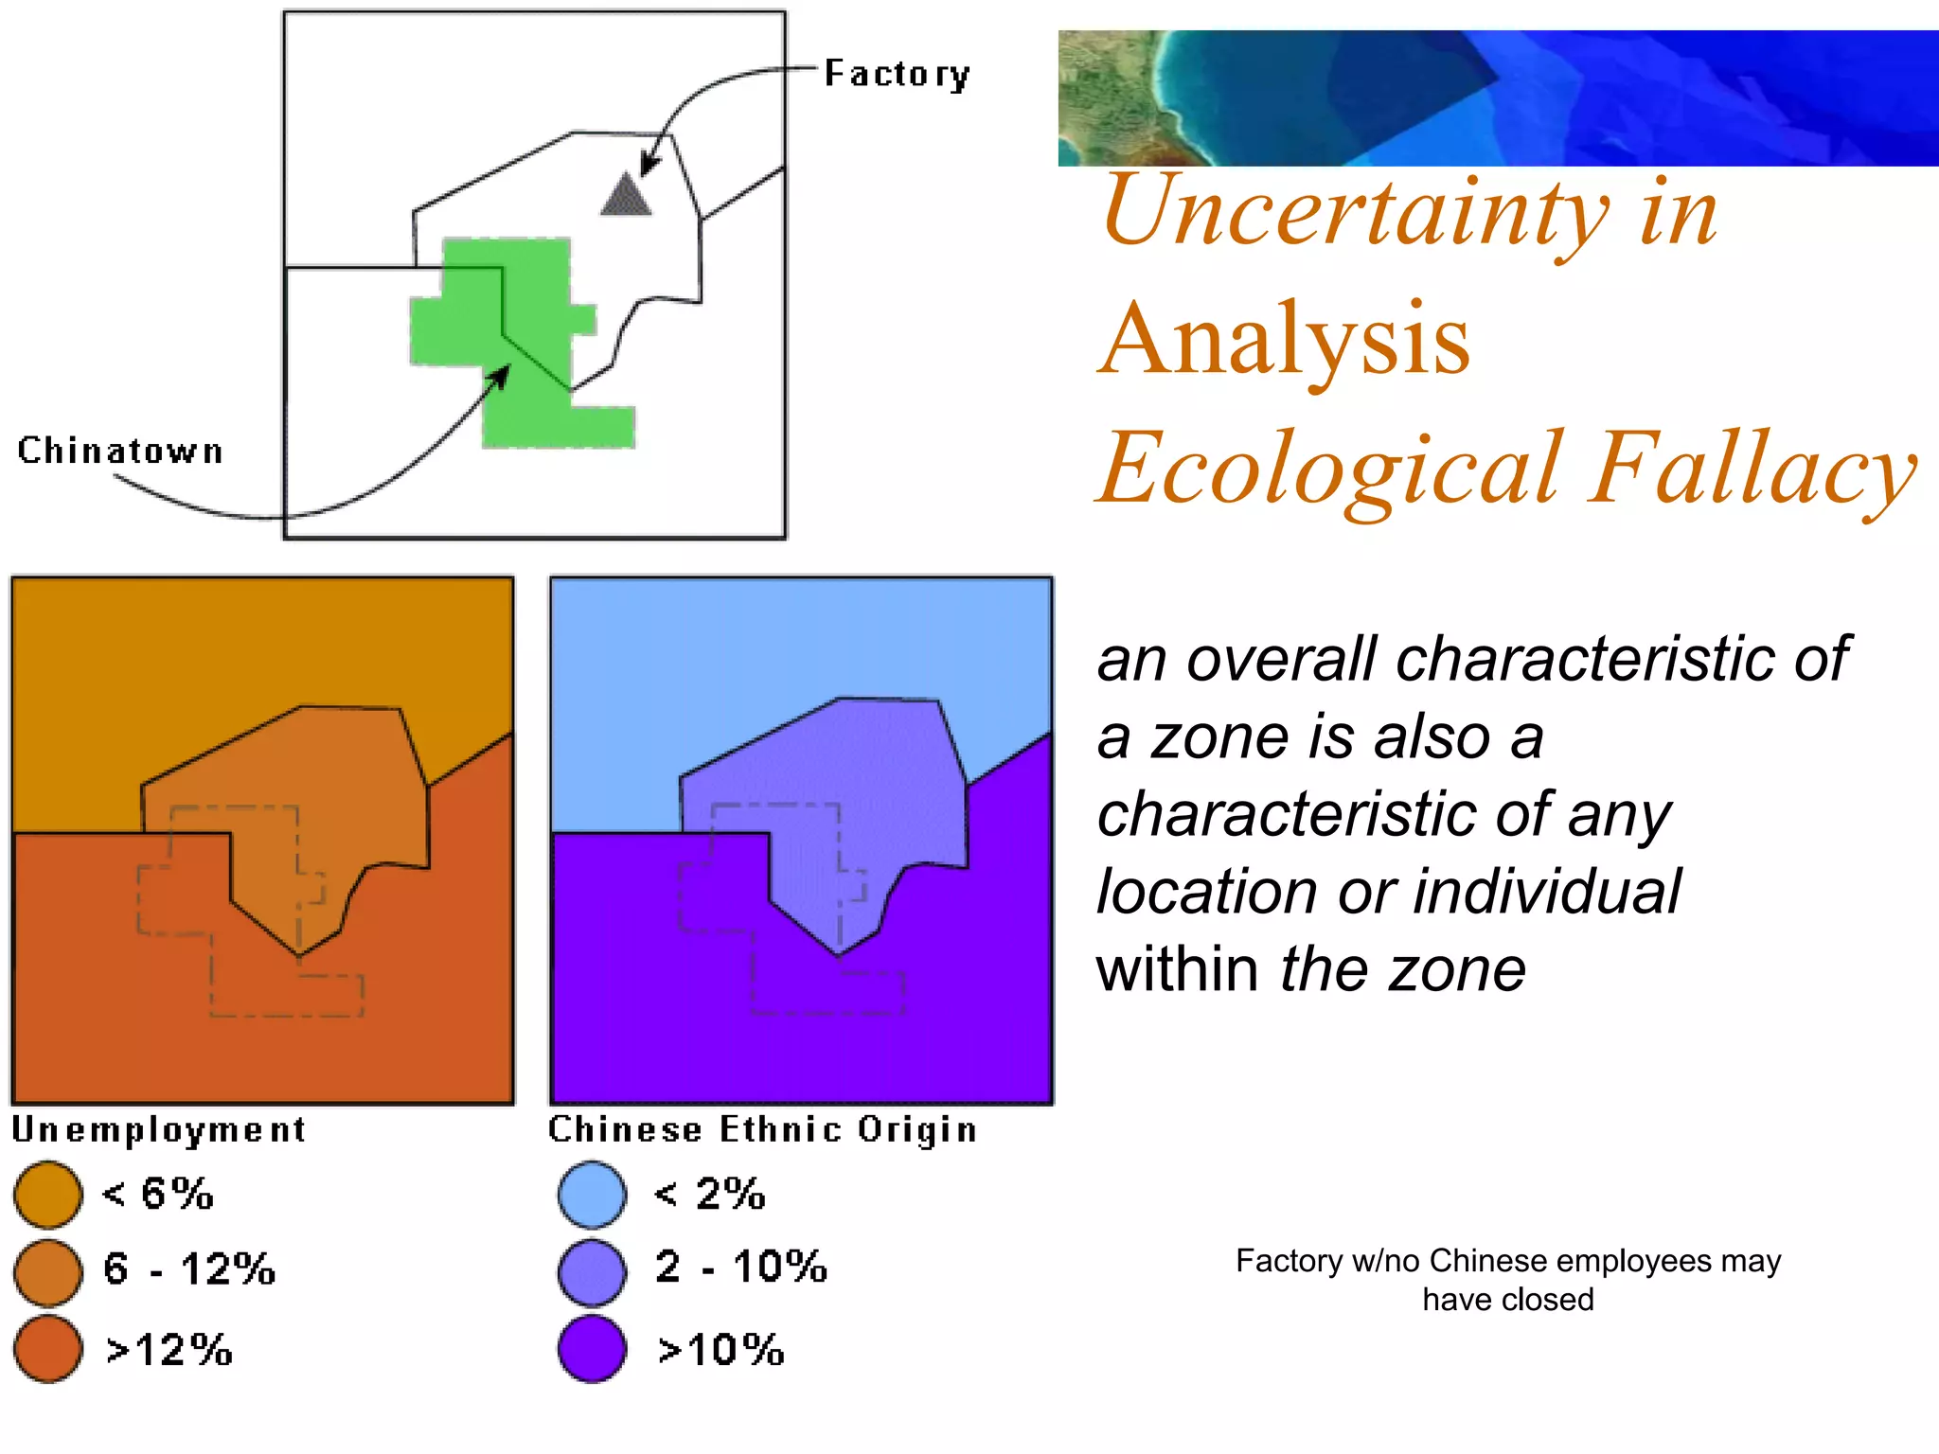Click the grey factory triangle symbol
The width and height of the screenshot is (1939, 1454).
(x=626, y=197)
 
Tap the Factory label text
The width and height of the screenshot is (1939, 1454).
(x=897, y=74)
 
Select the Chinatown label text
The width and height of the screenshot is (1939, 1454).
(x=120, y=451)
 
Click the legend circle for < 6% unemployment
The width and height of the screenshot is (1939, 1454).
(x=47, y=1195)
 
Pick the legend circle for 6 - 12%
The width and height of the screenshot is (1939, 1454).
(x=47, y=1271)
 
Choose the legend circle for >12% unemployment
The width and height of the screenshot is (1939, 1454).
(x=47, y=1349)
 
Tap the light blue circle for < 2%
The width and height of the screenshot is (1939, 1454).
(x=592, y=1195)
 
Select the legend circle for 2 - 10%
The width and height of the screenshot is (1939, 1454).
(x=592, y=1271)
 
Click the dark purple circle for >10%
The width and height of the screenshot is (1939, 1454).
(x=592, y=1349)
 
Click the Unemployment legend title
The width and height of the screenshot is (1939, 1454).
(x=158, y=1129)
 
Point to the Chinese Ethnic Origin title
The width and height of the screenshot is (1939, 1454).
(x=762, y=1129)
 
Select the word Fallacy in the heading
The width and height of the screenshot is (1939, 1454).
(x=1752, y=470)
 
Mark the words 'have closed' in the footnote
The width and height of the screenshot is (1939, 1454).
(x=1507, y=1300)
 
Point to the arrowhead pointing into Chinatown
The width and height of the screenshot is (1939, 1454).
(x=501, y=375)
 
